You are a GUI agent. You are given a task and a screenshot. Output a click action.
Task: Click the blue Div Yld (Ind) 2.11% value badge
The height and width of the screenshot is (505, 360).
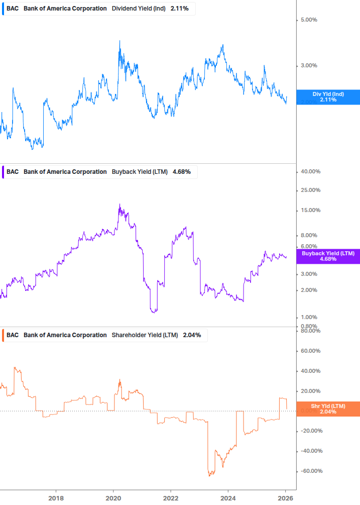coord(328,97)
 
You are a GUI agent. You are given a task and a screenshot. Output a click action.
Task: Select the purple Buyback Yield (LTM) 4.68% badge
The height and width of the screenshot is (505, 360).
coord(328,256)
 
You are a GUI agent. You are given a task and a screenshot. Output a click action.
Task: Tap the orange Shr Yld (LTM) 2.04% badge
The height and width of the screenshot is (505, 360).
coord(328,409)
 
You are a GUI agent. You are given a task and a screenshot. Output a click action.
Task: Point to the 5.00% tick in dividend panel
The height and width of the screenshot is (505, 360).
coord(309,20)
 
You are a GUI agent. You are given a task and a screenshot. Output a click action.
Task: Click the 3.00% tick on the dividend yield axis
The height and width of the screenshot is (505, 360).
coord(309,65)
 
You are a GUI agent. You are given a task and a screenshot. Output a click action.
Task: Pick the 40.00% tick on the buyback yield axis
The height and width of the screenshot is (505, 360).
coord(310,171)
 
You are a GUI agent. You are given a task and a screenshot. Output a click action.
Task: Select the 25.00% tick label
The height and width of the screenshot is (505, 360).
coord(310,190)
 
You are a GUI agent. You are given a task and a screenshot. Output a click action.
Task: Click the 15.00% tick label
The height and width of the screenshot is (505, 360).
coord(310,210)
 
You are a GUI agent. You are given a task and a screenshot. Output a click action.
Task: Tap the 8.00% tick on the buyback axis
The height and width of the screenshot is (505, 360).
coord(309,235)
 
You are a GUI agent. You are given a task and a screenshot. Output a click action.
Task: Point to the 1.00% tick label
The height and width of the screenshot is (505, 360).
coord(309,317)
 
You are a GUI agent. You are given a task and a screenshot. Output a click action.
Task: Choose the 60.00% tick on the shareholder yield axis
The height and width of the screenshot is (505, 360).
coord(310,351)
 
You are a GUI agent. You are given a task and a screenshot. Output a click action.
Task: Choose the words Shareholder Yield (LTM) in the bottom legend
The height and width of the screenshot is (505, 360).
coord(145,335)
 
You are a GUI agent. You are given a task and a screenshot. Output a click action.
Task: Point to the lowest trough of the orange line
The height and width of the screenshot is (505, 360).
coord(210,475)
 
